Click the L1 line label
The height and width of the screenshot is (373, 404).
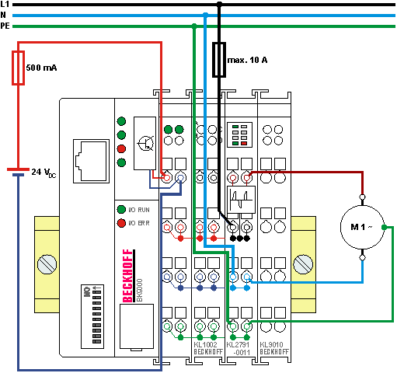tap(5, 4)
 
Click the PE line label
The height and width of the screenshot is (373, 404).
tap(6, 26)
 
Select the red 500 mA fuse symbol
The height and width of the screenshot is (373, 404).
tap(18, 68)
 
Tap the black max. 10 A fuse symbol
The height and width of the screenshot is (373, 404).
tap(219, 60)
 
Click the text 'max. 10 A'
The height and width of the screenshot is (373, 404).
tap(247, 59)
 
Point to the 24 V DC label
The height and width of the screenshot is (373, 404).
tap(44, 171)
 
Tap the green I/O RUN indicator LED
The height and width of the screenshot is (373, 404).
tap(121, 210)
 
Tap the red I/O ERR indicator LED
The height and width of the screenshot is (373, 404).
tap(121, 223)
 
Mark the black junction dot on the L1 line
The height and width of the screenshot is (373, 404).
tap(219, 4)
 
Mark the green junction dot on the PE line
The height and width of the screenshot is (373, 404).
tap(193, 26)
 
